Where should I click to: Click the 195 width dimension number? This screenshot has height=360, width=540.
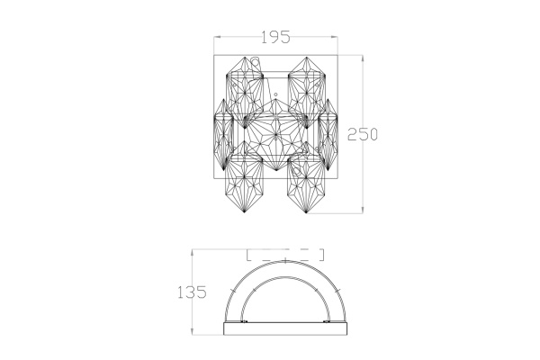coord(275,37)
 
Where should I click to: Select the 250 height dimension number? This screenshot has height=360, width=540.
coord(363,134)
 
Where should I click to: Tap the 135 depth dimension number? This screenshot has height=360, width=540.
coord(192,292)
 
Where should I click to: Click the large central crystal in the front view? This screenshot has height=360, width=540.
coord(275,134)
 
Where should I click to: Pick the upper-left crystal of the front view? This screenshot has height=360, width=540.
coord(245,93)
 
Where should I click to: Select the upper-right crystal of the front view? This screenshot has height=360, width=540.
coord(307,93)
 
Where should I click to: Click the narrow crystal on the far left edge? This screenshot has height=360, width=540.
coord(223,134)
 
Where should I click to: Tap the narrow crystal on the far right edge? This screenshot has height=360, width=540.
coord(328,134)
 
